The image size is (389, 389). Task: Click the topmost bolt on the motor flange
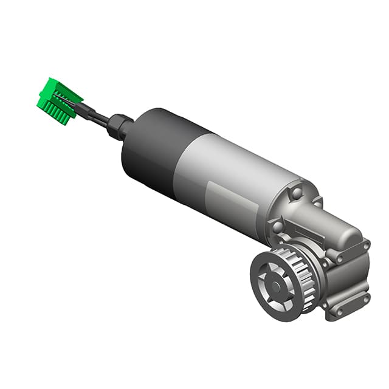[296, 193]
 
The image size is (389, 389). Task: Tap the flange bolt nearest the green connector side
[278, 227]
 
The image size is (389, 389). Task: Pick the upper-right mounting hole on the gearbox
[365, 246]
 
